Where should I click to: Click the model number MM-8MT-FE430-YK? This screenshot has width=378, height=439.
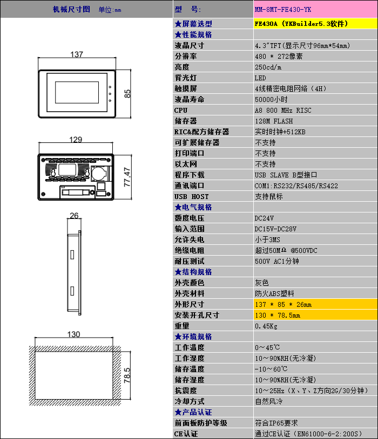click(x=283, y=10)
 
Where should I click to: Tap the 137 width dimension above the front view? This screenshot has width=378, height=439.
click(x=77, y=54)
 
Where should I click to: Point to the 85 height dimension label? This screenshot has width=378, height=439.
click(x=127, y=93)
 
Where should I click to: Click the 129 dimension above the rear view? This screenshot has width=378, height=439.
click(x=76, y=140)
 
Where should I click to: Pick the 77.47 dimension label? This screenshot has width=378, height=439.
click(x=127, y=177)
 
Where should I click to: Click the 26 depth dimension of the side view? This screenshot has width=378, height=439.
click(x=74, y=216)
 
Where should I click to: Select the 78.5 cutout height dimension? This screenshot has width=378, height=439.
click(x=127, y=374)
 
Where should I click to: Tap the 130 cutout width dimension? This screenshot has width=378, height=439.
click(x=74, y=334)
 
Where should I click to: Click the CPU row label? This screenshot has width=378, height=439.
click(x=181, y=110)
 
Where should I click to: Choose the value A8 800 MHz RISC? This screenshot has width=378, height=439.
click(x=283, y=110)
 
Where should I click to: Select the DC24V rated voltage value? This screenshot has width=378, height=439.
click(x=264, y=218)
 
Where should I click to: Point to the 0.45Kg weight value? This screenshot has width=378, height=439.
click(x=266, y=326)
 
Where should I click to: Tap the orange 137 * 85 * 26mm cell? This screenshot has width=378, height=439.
click(x=283, y=304)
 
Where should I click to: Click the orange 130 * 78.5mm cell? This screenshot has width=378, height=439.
click(x=278, y=315)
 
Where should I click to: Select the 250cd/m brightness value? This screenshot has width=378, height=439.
click(x=268, y=67)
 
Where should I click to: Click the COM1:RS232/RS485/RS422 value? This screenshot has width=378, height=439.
click(x=296, y=186)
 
